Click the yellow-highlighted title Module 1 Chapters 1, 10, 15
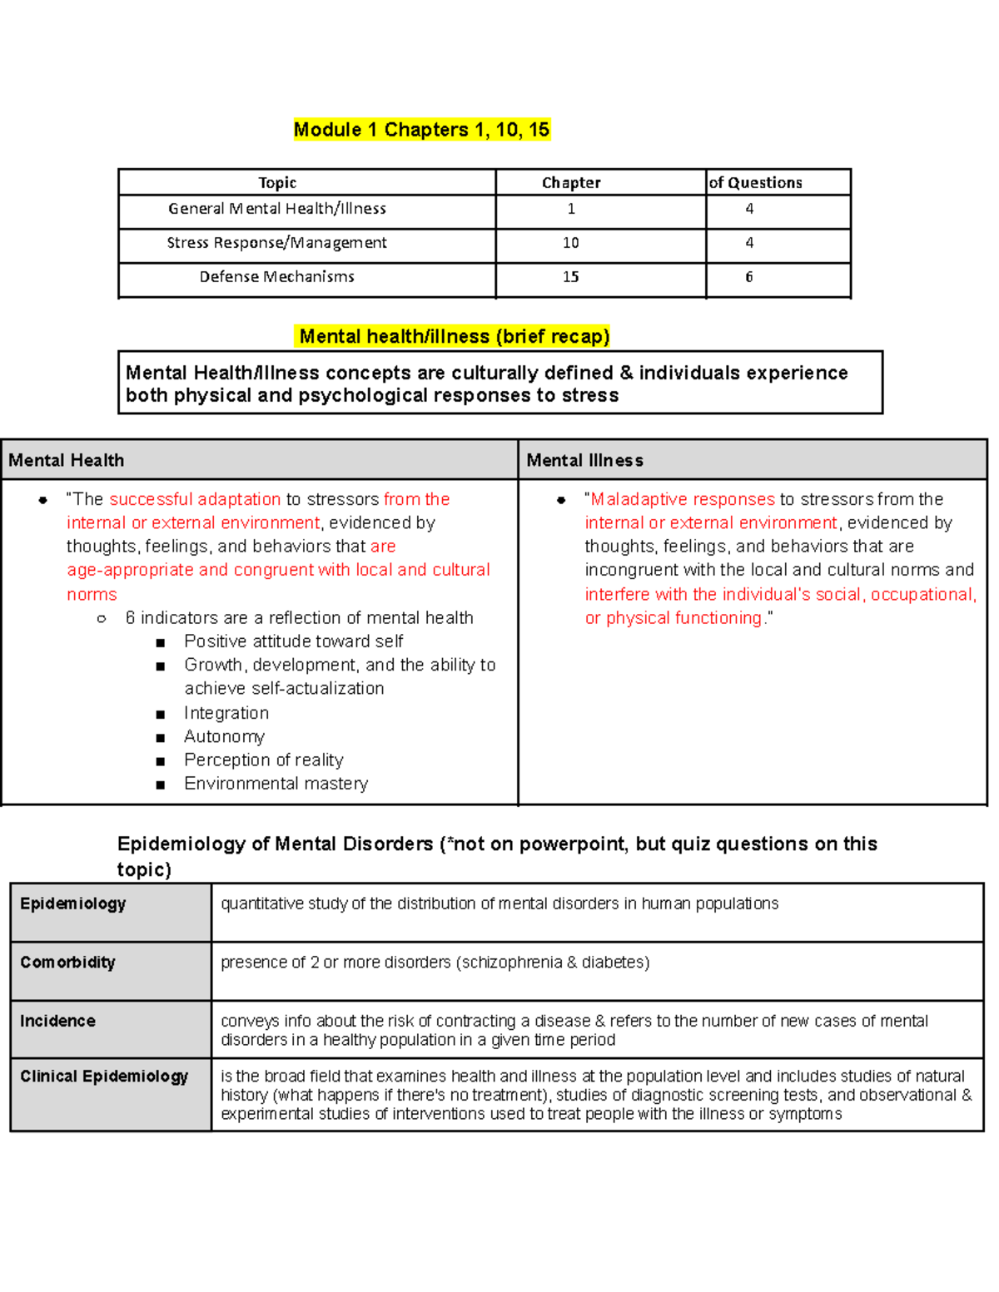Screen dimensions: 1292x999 (x=421, y=130)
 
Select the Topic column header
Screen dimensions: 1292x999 (x=277, y=183)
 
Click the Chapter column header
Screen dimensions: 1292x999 (x=571, y=183)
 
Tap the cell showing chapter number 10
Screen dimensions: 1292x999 (x=570, y=243)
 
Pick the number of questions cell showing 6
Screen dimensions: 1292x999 (x=749, y=277)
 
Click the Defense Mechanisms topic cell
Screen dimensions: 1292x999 (x=277, y=277)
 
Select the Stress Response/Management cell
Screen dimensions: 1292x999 (x=277, y=243)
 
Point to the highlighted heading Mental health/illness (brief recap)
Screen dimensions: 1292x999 (x=454, y=336)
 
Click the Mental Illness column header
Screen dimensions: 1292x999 (x=585, y=460)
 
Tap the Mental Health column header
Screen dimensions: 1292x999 (x=67, y=460)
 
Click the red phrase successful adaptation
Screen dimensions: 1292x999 (x=195, y=499)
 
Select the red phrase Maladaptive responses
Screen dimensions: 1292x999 (x=683, y=499)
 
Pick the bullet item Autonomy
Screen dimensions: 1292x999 (x=224, y=736)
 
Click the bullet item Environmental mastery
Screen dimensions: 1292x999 (x=276, y=784)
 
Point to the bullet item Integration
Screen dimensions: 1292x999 (x=226, y=713)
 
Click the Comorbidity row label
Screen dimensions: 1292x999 (x=68, y=963)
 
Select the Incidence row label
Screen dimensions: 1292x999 (x=58, y=1021)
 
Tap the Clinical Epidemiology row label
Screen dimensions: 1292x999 (x=104, y=1077)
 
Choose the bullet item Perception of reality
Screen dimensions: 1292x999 (x=263, y=760)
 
